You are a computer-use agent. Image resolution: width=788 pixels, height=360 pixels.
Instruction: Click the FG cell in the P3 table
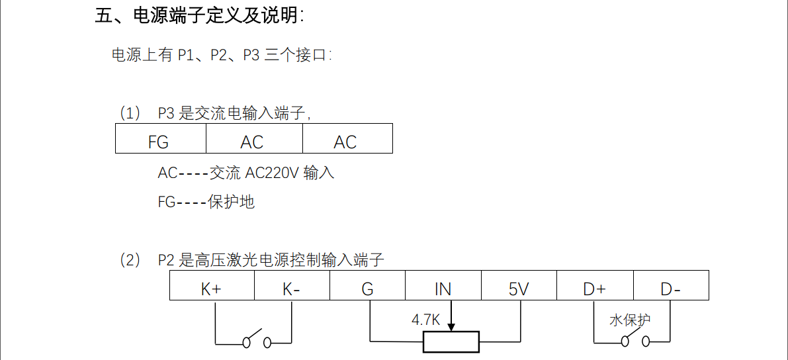click(x=160, y=140)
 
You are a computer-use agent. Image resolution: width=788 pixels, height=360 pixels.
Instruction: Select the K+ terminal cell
click(x=212, y=288)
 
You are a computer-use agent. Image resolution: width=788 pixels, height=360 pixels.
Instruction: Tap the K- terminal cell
click(x=291, y=288)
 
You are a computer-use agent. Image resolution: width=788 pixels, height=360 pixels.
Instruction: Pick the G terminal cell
click(x=367, y=288)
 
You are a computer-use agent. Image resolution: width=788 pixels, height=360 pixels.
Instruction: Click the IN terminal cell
click(x=443, y=288)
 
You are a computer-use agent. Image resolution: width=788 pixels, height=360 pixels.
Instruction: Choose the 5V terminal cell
click(x=519, y=288)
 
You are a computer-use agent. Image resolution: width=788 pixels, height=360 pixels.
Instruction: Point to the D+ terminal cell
click(x=595, y=288)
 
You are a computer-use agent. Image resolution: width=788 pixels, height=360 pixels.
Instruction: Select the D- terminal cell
click(x=671, y=288)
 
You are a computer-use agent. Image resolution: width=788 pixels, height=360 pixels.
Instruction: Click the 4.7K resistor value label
click(x=425, y=320)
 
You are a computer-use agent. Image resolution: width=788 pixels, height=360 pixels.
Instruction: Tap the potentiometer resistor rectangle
click(x=451, y=342)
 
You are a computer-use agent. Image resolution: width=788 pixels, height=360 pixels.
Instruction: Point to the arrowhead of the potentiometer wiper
click(x=451, y=327)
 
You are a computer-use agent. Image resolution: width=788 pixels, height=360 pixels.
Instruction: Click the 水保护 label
click(x=630, y=320)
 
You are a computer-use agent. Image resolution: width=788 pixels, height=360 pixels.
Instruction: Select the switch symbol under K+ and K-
click(x=255, y=340)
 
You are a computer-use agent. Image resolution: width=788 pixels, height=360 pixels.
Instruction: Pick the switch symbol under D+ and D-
click(x=633, y=340)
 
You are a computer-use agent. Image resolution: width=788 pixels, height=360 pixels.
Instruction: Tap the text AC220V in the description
click(x=272, y=173)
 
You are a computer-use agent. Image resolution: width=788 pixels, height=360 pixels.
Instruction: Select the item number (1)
click(x=130, y=113)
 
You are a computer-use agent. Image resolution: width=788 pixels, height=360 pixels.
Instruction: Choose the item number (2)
click(x=130, y=261)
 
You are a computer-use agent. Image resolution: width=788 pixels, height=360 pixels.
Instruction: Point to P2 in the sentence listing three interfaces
click(x=219, y=55)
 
